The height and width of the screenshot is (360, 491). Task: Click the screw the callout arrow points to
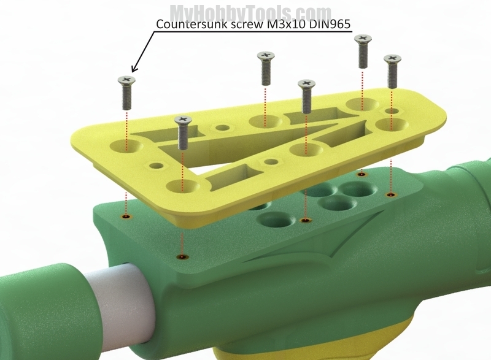coord(126,93)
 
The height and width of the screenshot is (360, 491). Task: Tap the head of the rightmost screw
coord(393,59)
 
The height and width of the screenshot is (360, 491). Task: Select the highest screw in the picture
coord(363,52)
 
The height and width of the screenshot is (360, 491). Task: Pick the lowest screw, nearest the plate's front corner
coord(183,132)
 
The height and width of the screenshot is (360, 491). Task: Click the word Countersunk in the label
coord(192,24)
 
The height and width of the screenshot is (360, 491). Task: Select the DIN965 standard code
coord(330,24)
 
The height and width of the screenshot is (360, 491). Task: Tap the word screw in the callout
coord(247,25)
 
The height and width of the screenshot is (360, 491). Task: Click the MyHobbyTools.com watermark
coord(250,12)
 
